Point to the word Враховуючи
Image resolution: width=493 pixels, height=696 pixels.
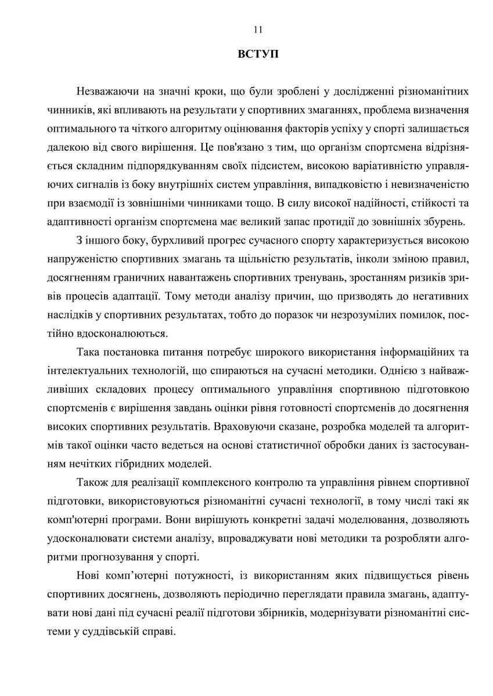[242, 426]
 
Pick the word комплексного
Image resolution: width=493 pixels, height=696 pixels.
[219, 482]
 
